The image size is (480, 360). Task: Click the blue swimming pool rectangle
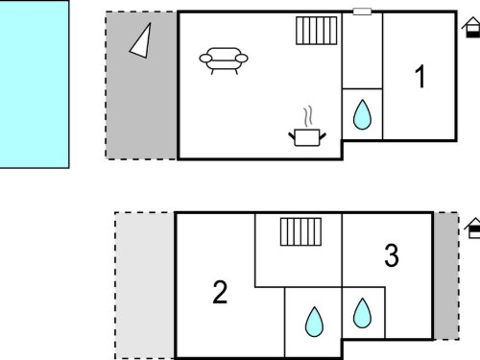35,84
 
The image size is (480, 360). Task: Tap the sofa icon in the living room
224,60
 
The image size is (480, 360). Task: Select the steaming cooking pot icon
307,127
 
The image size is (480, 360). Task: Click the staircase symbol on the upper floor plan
317,31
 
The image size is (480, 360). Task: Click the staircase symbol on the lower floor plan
300,232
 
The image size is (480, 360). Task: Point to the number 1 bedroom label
420,77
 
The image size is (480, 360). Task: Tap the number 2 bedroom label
220,292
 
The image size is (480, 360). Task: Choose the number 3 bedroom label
392,255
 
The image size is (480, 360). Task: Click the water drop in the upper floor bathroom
362,114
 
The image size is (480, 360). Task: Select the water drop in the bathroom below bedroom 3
362,313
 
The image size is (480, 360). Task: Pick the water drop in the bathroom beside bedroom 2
314,322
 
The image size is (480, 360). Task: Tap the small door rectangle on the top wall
362,12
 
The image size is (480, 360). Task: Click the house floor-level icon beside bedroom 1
471,28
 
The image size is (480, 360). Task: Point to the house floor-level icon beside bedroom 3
473,228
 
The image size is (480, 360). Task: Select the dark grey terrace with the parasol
141,85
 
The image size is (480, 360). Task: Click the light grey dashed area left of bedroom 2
145,285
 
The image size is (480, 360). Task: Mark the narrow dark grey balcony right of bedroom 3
446,276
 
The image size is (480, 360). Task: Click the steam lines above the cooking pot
308,117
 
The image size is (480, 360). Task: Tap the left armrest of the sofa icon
205,59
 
